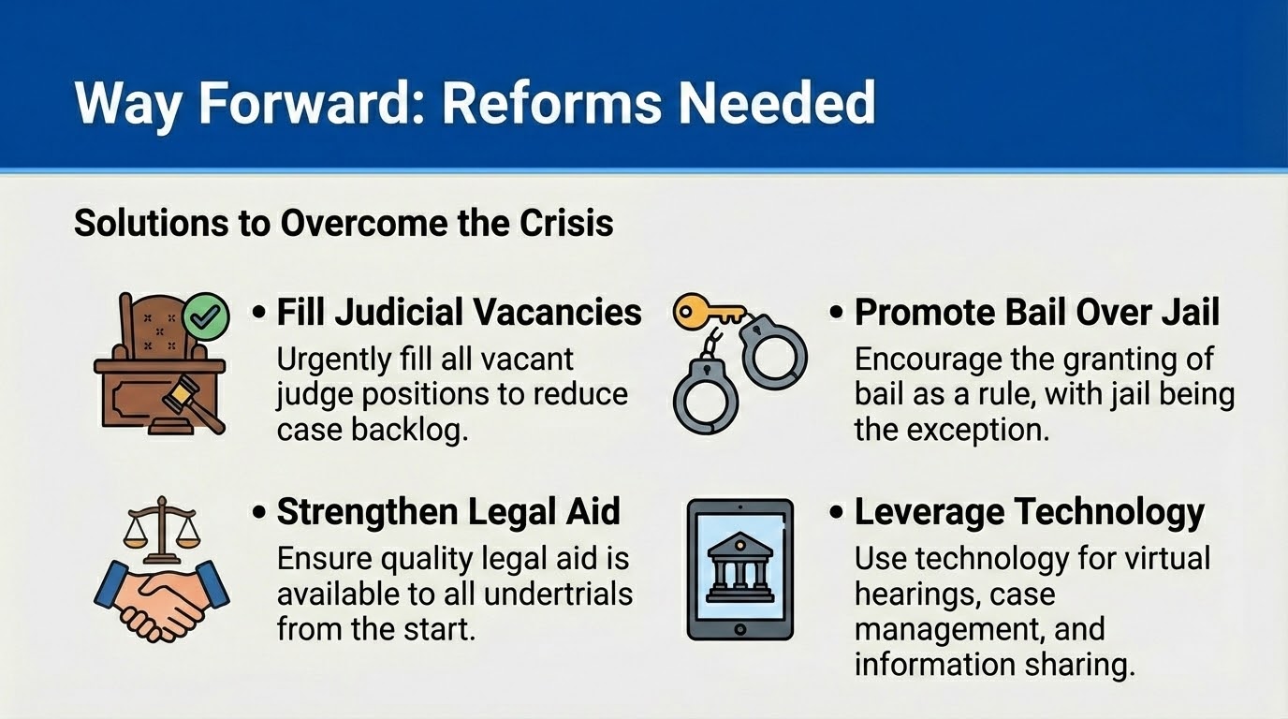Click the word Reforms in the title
551,104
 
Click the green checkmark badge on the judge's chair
206,315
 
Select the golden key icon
708,312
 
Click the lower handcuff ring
706,397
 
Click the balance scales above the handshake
162,530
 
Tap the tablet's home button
740,629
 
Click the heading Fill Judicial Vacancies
459,313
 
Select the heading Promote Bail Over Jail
1037,313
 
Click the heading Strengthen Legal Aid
448,511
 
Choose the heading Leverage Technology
1030,512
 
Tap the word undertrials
558,594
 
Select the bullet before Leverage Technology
836,512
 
